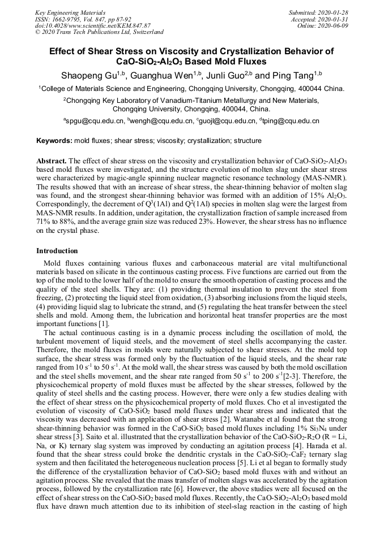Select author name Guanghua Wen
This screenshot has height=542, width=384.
[x=160, y=75]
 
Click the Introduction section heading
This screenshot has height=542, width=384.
[x=57, y=250]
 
